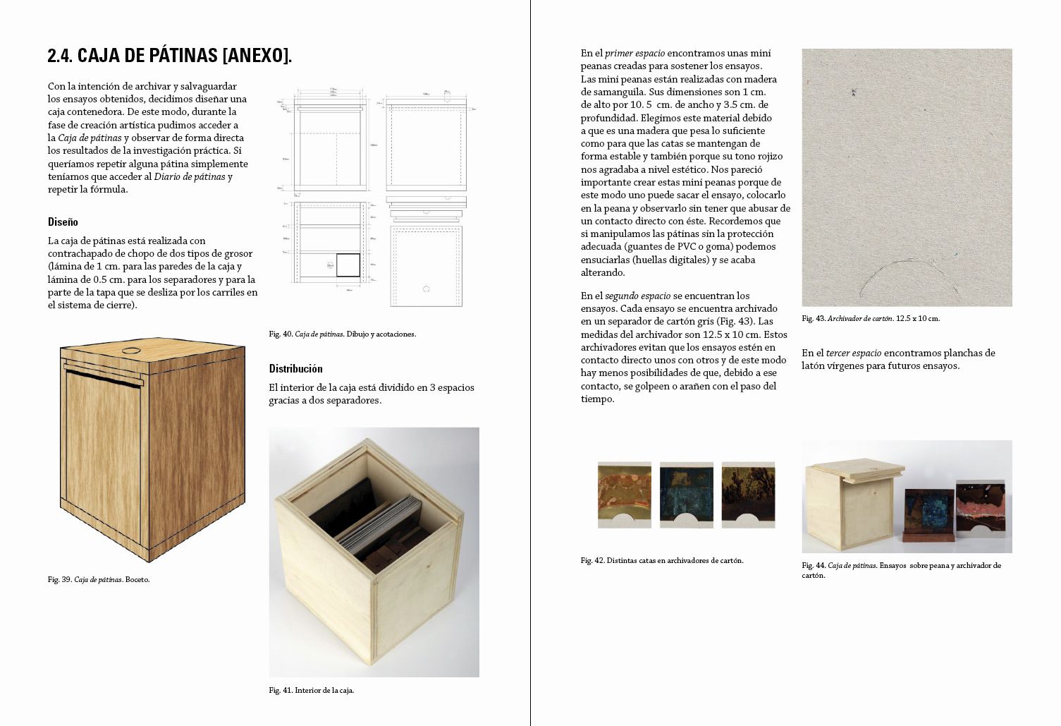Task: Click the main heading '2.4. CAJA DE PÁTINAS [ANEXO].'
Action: [x=169, y=56]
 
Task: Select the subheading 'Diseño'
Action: [x=63, y=222]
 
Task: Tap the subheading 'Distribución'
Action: [x=295, y=368]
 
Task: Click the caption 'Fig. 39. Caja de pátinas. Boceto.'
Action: [x=99, y=580]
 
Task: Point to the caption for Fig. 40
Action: [x=343, y=334]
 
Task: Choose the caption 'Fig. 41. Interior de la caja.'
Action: [x=312, y=691]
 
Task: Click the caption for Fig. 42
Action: [x=662, y=561]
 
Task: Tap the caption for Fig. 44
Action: [x=901, y=569]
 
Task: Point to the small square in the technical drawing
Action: [x=348, y=265]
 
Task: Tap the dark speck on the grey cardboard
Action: [x=853, y=92]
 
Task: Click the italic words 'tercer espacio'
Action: [x=853, y=353]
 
